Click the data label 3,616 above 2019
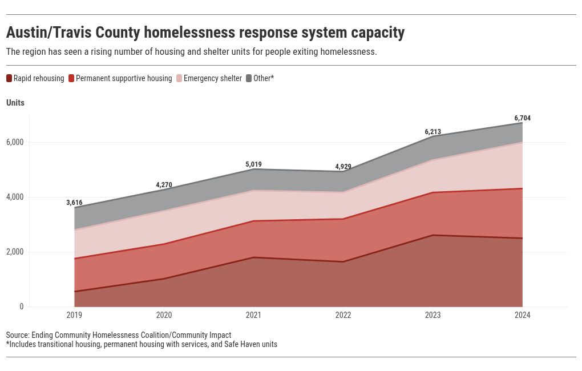pos(74,203)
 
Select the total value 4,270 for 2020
pos(164,185)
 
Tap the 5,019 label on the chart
pos(253,164)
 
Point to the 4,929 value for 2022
pos(343,167)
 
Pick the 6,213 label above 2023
pos(433,132)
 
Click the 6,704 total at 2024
pos(522,118)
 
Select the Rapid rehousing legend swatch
pos(9,78)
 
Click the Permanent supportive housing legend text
pos(124,78)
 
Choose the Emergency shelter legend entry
pos(212,78)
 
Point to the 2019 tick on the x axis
pos(74,315)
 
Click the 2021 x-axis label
pos(253,315)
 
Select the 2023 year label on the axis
pos(433,315)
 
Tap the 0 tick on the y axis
pos(22,307)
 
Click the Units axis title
pos(15,103)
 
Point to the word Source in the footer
pos(17,335)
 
